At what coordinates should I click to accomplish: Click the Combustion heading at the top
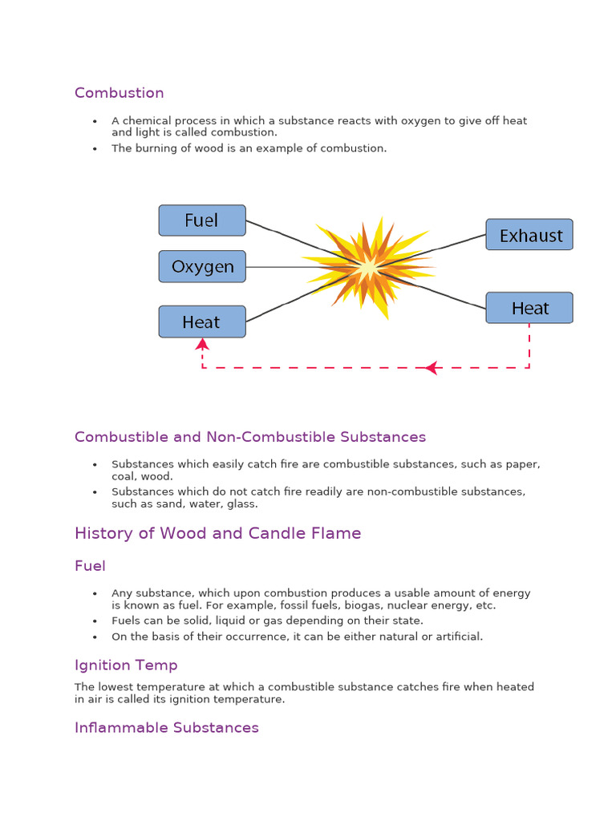[x=119, y=93]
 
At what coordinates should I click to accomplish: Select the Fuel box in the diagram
[x=202, y=220]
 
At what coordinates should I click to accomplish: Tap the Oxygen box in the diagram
[x=202, y=267]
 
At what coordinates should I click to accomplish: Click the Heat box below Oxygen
[x=201, y=322]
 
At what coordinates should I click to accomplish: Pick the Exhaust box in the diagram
[x=529, y=235]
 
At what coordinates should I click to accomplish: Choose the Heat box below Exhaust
[x=529, y=308]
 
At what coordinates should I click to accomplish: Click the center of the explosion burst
[x=368, y=266]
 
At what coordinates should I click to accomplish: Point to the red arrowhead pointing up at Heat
[x=202, y=344]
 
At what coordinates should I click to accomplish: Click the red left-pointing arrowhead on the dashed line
[x=432, y=368]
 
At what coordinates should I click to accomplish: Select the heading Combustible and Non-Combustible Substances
[x=250, y=437]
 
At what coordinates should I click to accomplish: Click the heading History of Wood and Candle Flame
[x=217, y=533]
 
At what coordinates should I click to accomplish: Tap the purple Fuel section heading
[x=90, y=566]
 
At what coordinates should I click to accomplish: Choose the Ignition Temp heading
[x=126, y=665]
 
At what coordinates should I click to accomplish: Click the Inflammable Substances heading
[x=167, y=728]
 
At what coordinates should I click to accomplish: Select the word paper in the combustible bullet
[x=526, y=464]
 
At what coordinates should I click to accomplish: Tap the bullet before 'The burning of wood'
[x=95, y=148]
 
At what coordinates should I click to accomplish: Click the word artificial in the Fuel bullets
[x=456, y=637]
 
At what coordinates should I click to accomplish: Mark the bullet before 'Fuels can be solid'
[x=95, y=621]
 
